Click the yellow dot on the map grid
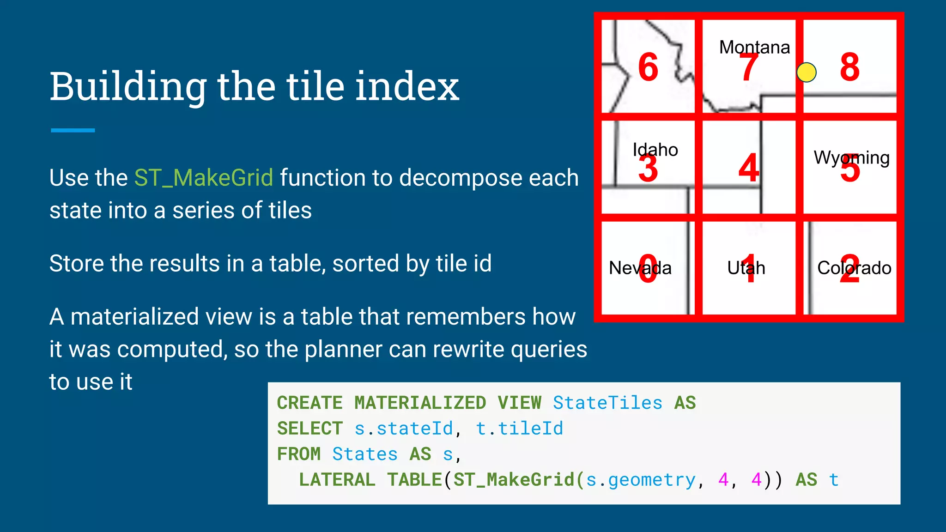click(807, 73)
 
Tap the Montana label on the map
click(754, 47)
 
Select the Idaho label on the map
click(655, 150)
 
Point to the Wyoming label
click(851, 158)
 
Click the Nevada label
click(640, 268)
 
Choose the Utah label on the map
click(746, 268)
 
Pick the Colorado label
click(854, 268)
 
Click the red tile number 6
click(648, 67)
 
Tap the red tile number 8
click(850, 67)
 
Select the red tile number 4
click(748, 168)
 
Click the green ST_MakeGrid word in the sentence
click(204, 178)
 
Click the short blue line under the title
click(73, 130)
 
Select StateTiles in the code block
click(607, 403)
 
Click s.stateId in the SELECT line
click(404, 429)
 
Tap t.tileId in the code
click(519, 429)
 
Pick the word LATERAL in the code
click(337, 480)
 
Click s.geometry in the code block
click(641, 480)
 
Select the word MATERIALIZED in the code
click(420, 403)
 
